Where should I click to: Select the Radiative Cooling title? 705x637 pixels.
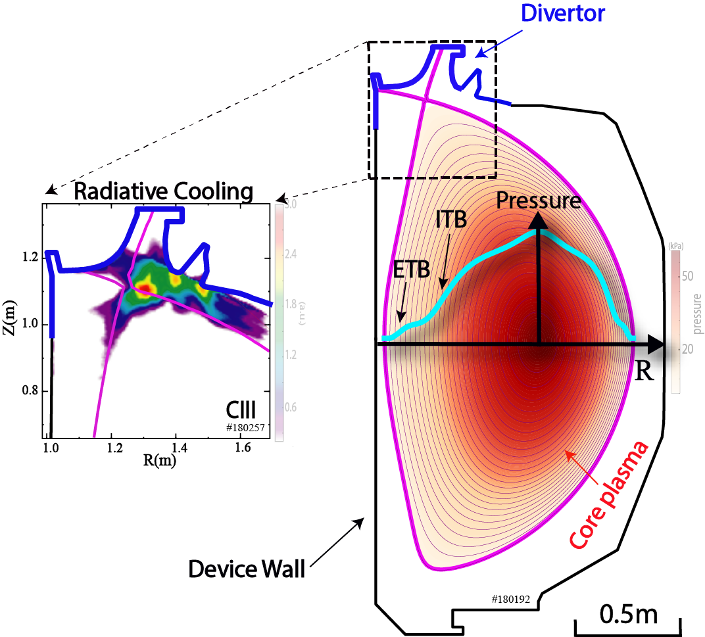[x=163, y=192]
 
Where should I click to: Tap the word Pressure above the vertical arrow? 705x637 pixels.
[x=539, y=201]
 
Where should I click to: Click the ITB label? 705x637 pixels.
[x=450, y=220]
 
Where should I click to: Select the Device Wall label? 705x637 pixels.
[x=247, y=569]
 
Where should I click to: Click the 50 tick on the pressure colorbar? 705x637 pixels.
[x=687, y=276]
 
